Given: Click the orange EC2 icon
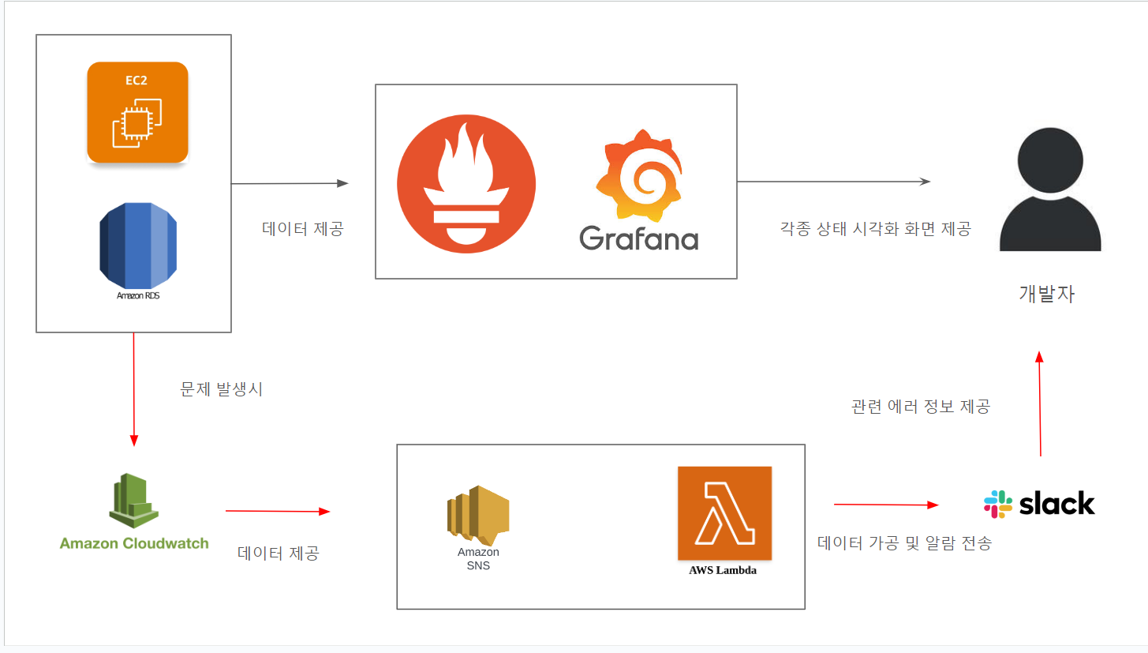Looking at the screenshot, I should coord(138,112).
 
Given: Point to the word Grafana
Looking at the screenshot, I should coord(638,238).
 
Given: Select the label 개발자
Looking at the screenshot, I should coord(1046,294).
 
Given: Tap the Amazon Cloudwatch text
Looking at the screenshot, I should coord(134,543).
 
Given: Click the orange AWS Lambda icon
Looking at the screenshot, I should coord(724,513).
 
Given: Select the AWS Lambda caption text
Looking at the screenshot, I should coord(723,570).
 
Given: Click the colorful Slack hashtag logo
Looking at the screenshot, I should coord(998,504).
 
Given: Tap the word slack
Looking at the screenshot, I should coord(1056,504).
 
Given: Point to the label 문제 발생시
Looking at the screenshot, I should coord(221,389).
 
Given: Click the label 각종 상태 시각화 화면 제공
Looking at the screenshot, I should coord(875,229).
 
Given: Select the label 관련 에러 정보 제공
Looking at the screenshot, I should coord(920,407).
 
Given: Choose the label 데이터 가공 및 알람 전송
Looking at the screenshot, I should coord(904,542).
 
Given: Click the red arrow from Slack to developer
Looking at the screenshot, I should coord(1040,404).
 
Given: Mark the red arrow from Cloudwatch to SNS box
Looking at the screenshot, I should coord(277,512).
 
